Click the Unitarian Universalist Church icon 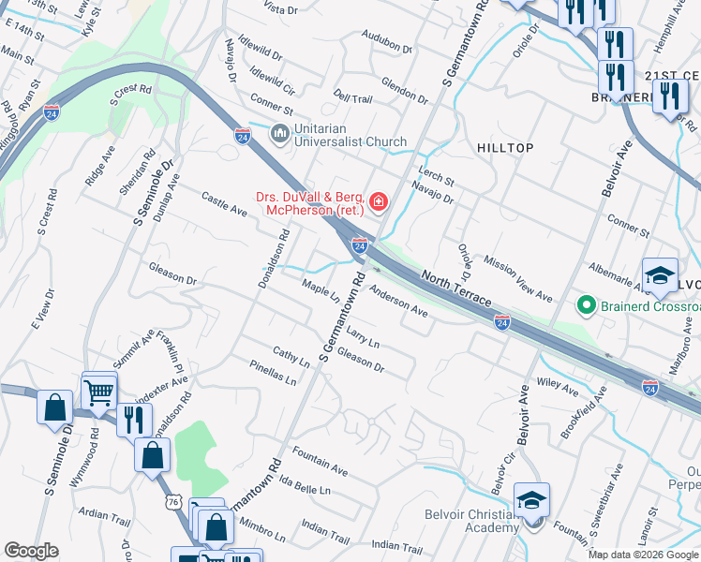279,134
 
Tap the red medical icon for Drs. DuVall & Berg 379,201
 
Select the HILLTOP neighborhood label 504,149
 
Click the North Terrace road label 456,289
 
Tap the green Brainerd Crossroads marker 587,305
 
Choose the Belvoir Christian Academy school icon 531,501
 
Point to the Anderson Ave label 398,302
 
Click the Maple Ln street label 321,291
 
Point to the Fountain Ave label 320,459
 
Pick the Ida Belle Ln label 305,483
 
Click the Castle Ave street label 224,203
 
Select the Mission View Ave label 518,278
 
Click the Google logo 31,551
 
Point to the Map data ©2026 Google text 642,555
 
